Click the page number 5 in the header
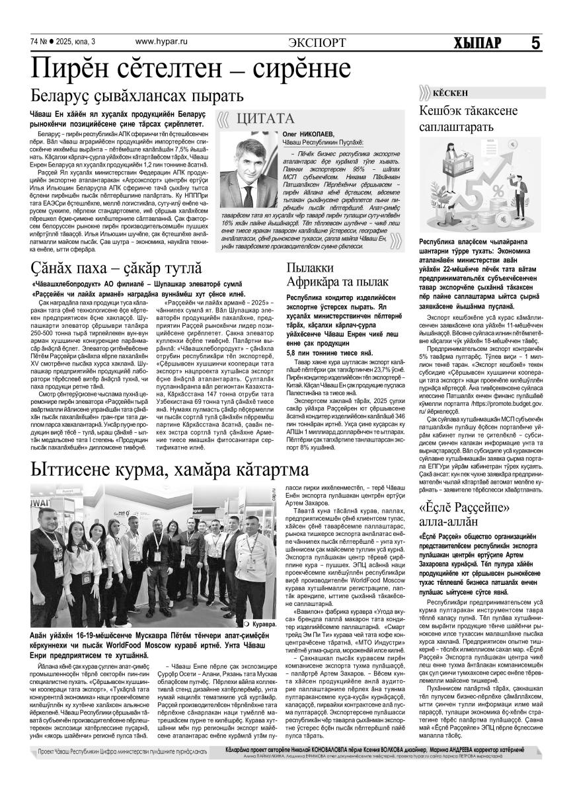(x=535, y=42)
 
